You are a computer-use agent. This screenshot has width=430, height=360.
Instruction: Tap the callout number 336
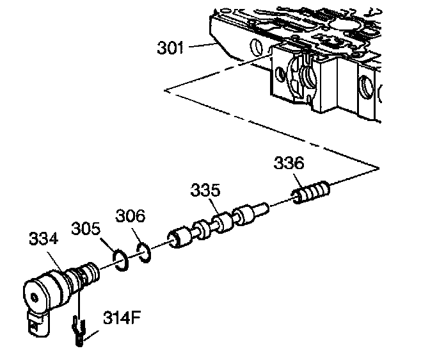coord(289,163)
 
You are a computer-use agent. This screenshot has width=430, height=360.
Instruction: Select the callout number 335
coord(205,191)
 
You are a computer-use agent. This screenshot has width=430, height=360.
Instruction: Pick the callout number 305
coord(86,229)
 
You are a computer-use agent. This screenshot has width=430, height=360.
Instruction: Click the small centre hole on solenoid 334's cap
coord(33,297)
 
